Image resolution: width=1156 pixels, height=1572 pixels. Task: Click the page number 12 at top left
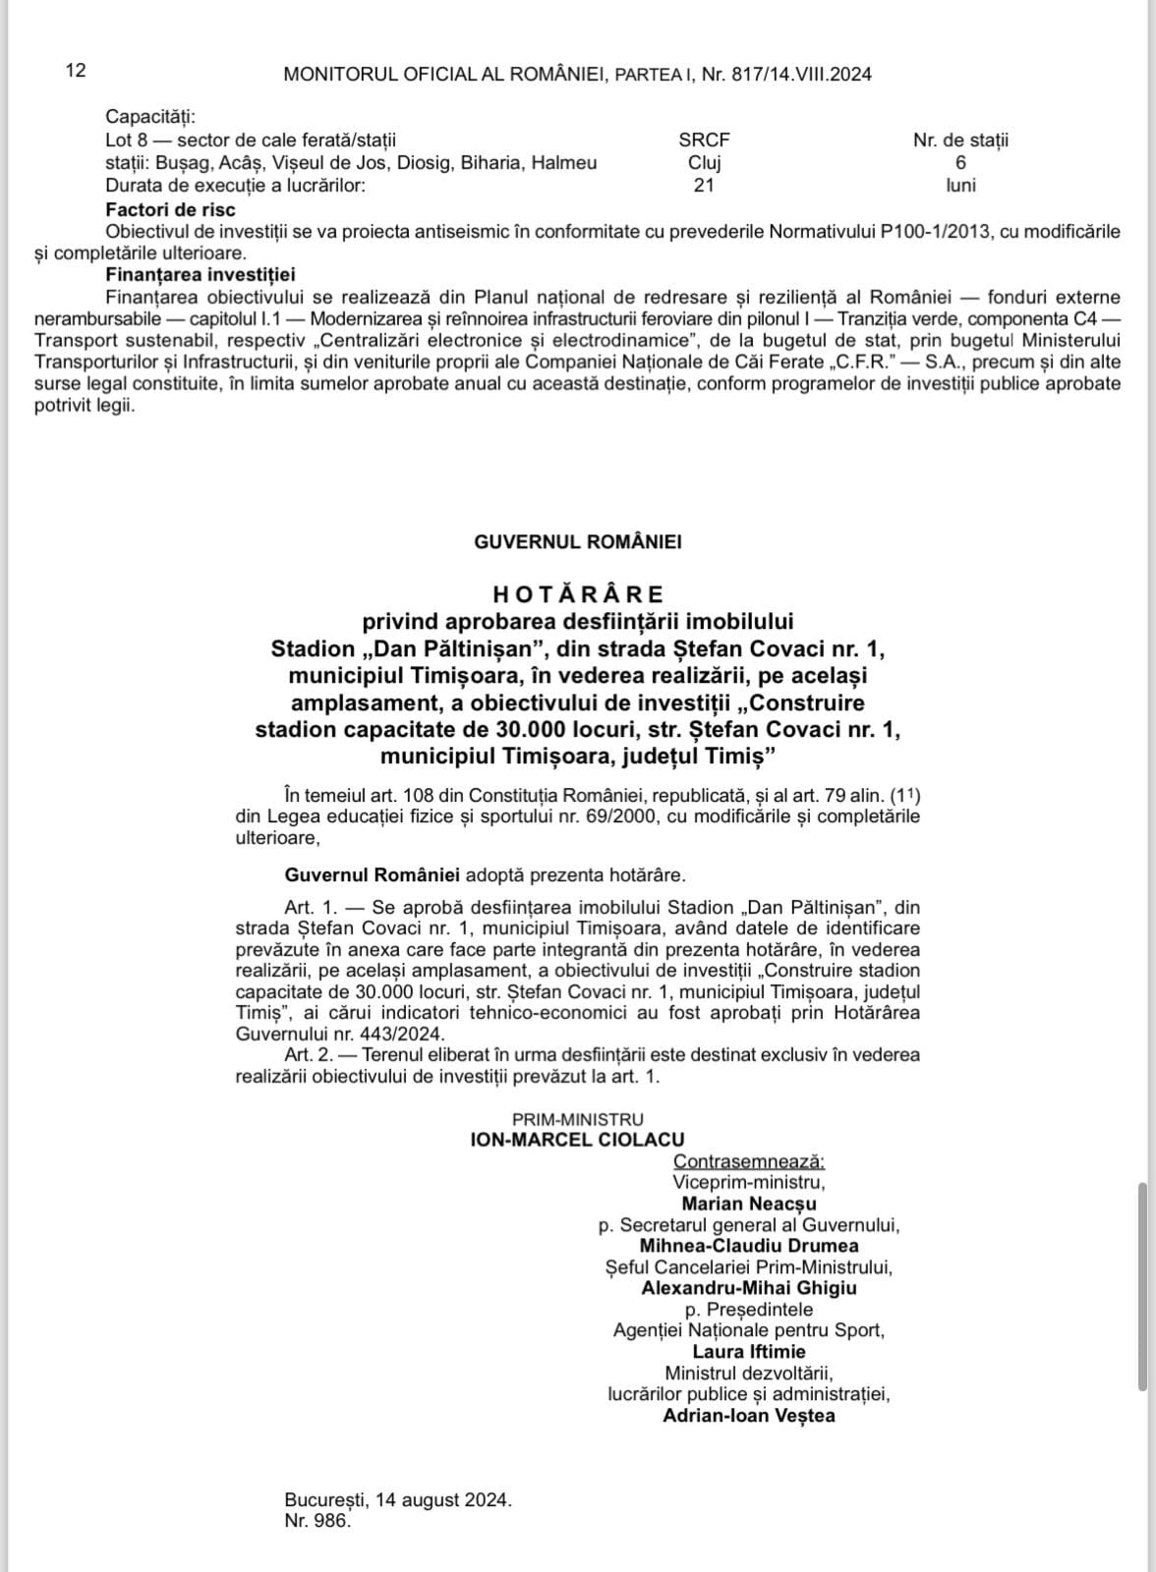coord(76,70)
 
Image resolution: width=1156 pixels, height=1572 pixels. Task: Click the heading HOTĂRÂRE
coord(578,593)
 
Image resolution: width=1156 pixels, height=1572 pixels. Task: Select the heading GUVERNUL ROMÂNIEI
coord(578,541)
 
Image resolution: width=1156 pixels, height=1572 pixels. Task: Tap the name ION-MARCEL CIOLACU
coord(578,1140)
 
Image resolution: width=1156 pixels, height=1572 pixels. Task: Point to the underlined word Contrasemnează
coord(749,1161)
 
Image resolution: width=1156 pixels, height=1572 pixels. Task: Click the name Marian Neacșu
coord(749,1204)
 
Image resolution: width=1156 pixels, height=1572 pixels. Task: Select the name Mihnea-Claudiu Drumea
coord(749,1246)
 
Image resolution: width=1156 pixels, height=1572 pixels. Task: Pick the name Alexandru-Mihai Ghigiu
coord(749,1288)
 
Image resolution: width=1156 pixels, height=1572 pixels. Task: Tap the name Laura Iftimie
coord(749,1352)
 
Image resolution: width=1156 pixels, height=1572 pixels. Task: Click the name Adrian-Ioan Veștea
coord(749,1416)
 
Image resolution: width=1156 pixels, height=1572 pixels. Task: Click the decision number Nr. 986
coord(318,1521)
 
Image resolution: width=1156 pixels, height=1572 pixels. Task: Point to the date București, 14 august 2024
coord(398,1500)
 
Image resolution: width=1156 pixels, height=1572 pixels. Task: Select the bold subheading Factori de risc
coord(171,209)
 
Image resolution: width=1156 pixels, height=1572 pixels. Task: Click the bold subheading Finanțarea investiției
coord(201,275)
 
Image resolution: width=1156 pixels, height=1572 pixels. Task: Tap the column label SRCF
coord(704,140)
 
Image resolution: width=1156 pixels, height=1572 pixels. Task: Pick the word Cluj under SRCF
coord(704,163)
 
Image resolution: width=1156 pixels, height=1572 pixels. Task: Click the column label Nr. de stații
coord(960,140)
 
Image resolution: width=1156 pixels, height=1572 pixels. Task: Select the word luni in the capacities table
coord(960,185)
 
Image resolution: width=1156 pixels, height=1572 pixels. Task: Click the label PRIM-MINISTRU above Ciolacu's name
coord(578,1119)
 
